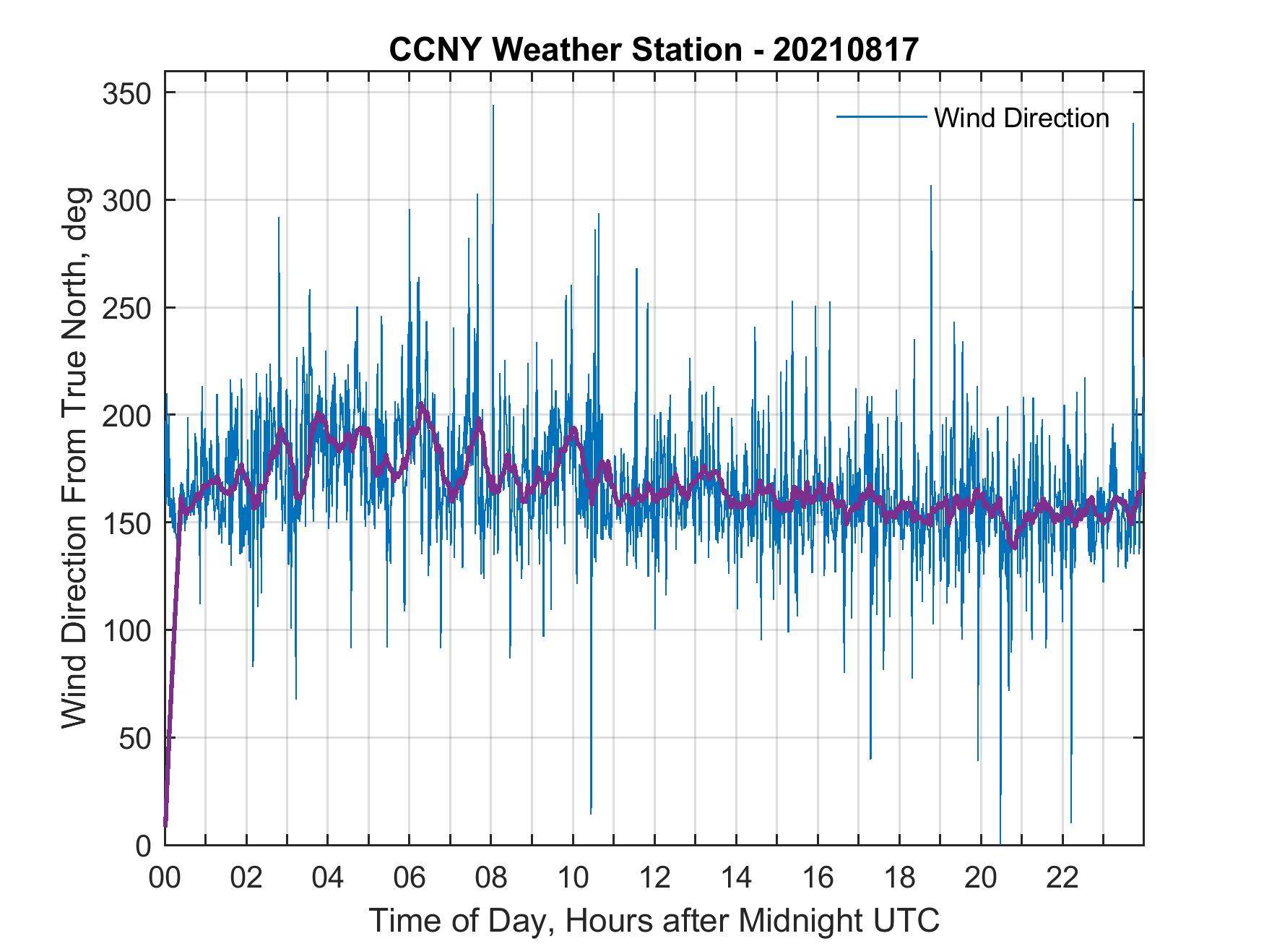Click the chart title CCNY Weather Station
click(654, 49)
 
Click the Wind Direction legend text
click(1021, 118)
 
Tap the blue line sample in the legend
click(881, 116)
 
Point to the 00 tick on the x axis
click(165, 879)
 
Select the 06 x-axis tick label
click(410, 879)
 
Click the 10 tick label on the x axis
click(573, 879)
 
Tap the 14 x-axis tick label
click(736, 879)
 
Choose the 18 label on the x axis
click(899, 879)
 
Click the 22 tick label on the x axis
click(1062, 879)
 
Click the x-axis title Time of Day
click(654, 921)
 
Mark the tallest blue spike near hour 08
click(493, 106)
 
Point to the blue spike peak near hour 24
click(1133, 125)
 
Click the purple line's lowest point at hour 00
click(165, 824)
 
